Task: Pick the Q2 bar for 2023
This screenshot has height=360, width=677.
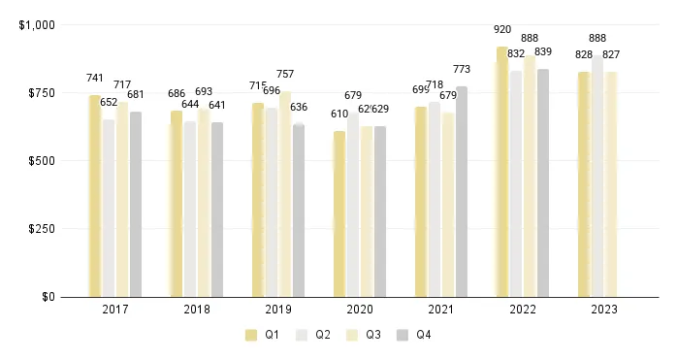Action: click(597, 176)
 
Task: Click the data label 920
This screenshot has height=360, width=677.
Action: click(501, 30)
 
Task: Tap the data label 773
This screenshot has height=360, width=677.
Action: click(462, 70)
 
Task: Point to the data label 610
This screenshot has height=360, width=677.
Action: click(339, 115)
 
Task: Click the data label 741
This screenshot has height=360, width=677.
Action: click(95, 79)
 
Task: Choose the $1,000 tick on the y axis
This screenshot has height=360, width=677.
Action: click(37, 24)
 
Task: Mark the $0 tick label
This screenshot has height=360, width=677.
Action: click(47, 297)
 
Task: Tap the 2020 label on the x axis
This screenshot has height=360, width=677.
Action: click(359, 310)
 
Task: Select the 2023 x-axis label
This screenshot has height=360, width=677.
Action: click(603, 310)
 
